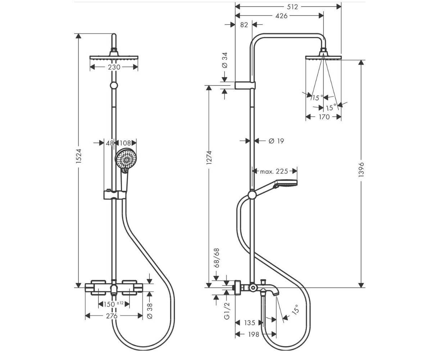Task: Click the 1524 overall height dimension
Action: coord(79,156)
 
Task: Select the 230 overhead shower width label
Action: coord(114,67)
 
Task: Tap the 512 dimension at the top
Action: coord(292,7)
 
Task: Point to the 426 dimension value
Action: coord(281,16)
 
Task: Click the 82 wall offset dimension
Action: coord(244,25)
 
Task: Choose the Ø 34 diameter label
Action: coord(225,60)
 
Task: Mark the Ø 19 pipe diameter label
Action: coord(276,141)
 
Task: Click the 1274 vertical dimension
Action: coord(209,157)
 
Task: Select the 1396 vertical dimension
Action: coord(361,170)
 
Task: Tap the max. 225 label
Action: coord(274,171)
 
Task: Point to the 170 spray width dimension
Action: coord(324,117)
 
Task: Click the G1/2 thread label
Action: coord(227,311)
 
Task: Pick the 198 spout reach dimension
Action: coord(254,334)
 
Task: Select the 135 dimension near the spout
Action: coord(250,323)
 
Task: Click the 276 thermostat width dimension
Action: coord(112,316)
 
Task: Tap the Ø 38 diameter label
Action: coord(150,311)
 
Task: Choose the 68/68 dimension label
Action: coord(217,258)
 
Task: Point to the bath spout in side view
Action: coord(269,291)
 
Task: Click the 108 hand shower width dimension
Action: coord(125,143)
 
